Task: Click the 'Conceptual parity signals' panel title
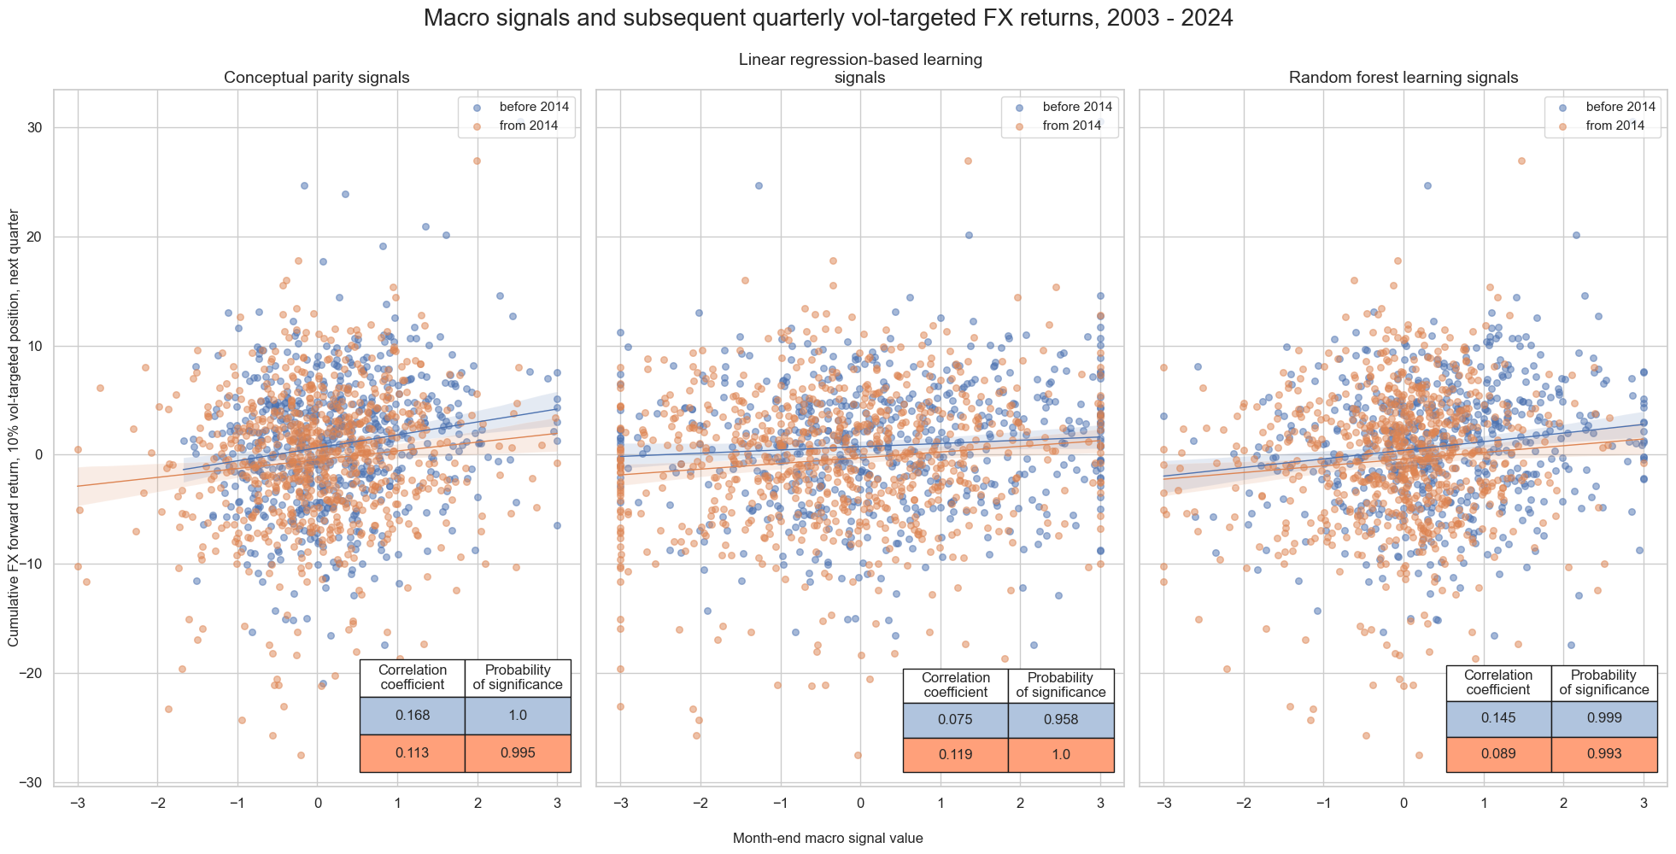pos(316,78)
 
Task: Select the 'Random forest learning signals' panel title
pos(1403,78)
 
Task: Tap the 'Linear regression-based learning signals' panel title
pos(859,68)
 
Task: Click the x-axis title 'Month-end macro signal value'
pos(828,839)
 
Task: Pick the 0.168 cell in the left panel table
pos(413,716)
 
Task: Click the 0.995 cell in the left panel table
pos(518,753)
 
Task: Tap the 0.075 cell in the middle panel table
pos(956,720)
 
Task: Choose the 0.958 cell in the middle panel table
pos(1061,720)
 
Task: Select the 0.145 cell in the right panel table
pos(1498,718)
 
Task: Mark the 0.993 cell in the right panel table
pos(1604,754)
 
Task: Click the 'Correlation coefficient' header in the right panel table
pos(1498,682)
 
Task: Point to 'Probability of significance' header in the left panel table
pos(518,677)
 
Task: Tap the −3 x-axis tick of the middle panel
pos(620,803)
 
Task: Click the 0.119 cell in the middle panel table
pos(956,755)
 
